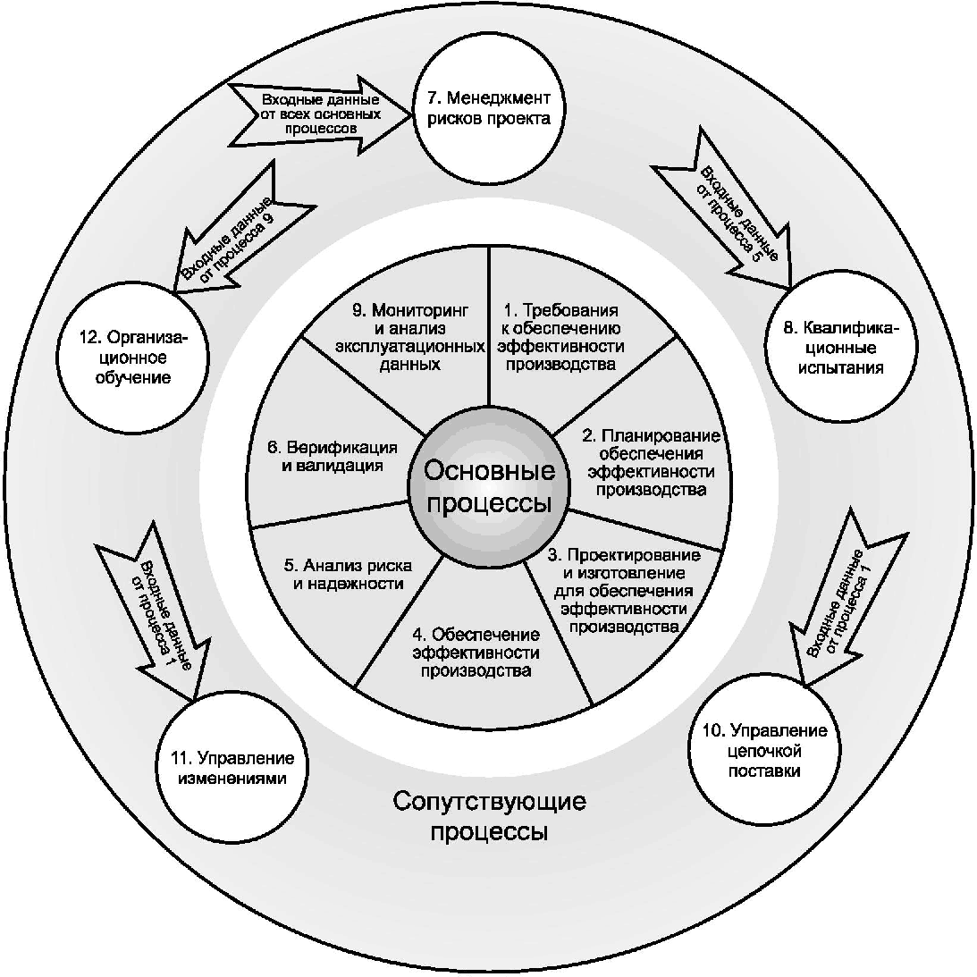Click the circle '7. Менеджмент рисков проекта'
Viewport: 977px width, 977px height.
tap(488, 110)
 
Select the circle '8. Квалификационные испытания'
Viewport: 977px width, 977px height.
tap(840, 348)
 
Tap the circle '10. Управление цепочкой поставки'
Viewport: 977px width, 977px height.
tap(764, 750)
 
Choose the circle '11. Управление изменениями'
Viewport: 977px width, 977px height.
tap(232, 768)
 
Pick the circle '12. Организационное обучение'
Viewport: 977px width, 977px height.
tap(132, 358)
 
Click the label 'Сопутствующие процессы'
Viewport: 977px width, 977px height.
tap(489, 816)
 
